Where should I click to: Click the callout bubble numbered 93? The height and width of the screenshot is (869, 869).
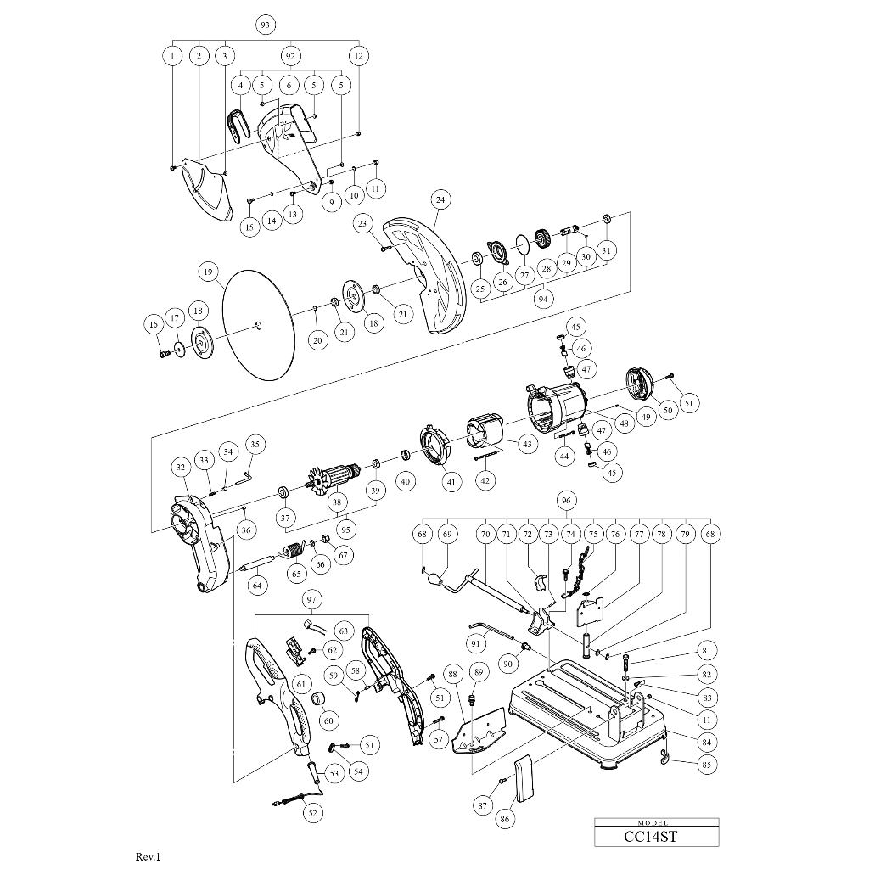(x=266, y=25)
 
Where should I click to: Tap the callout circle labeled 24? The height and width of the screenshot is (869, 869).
(x=440, y=199)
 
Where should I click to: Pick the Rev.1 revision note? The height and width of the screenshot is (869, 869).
(x=148, y=857)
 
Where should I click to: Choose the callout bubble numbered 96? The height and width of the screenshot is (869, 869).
(x=566, y=501)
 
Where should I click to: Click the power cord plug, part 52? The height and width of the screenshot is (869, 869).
(x=288, y=799)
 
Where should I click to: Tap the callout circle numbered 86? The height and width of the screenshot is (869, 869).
(x=505, y=819)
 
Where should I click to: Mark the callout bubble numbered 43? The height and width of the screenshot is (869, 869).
(x=527, y=444)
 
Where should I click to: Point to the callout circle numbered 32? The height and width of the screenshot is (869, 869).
(x=181, y=468)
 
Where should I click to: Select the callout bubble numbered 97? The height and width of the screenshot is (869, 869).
(x=311, y=600)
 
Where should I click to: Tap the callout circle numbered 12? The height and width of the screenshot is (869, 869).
(x=359, y=55)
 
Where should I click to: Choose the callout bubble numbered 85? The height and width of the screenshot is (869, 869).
(x=706, y=765)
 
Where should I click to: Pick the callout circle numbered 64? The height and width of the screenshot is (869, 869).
(x=257, y=586)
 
